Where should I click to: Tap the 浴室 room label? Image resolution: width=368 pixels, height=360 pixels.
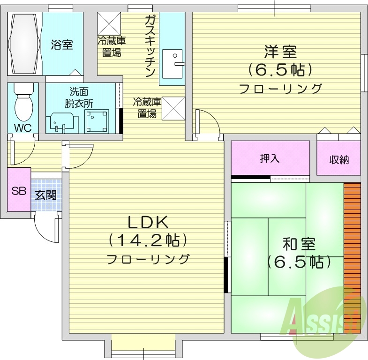click(x=61, y=45)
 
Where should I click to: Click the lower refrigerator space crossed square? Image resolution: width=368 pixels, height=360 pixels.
click(x=173, y=108)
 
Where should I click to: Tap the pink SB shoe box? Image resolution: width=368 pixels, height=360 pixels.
click(x=19, y=190)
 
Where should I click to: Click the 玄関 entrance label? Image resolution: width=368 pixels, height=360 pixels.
click(x=45, y=195)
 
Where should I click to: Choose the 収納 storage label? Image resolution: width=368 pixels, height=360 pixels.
click(x=338, y=159)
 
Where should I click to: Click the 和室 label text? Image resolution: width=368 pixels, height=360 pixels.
click(x=299, y=244)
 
